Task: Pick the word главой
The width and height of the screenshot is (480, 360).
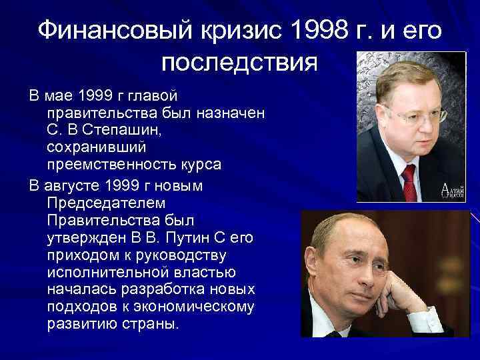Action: click(154, 97)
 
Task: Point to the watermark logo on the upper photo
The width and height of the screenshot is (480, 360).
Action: click(451, 190)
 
